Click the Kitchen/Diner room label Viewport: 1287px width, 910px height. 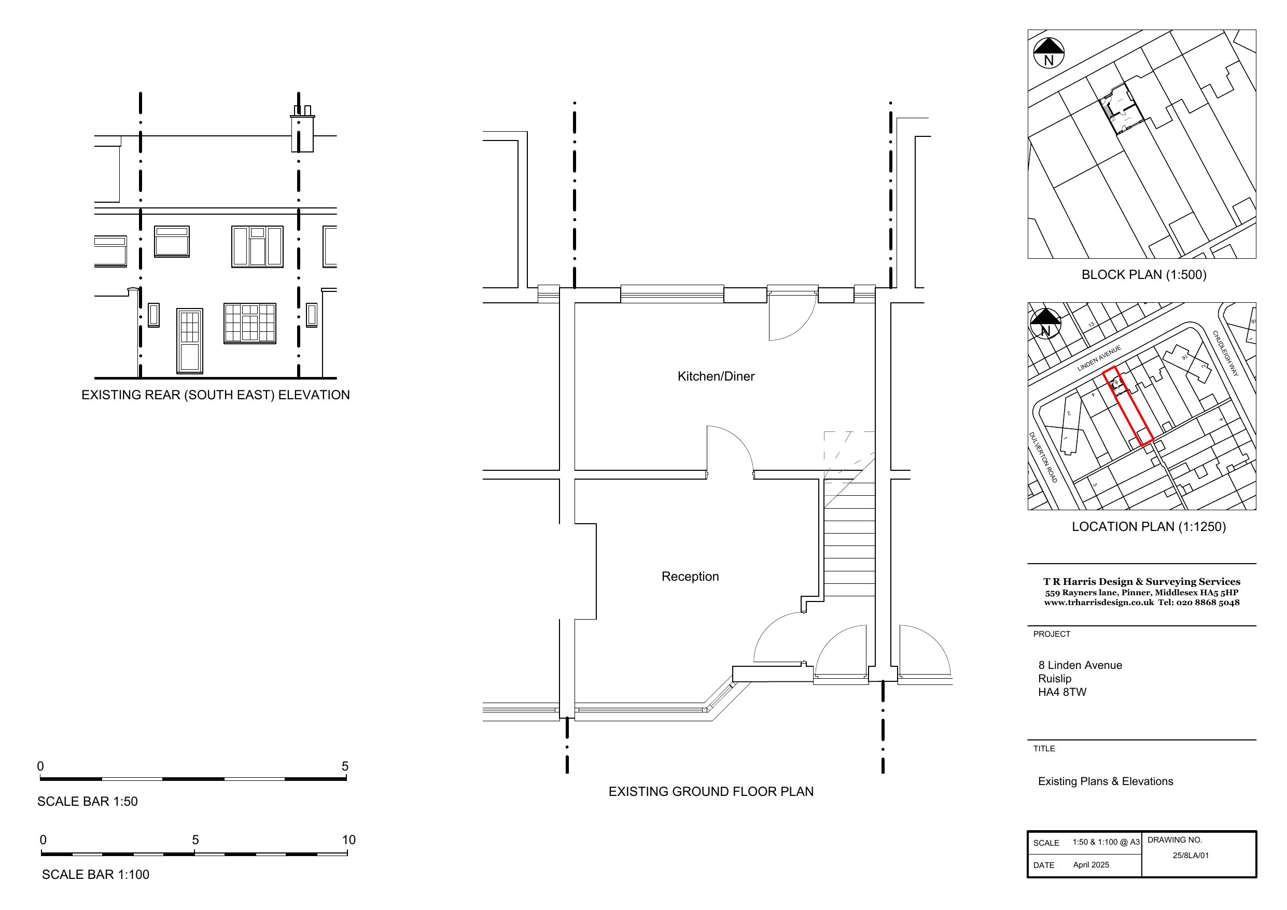click(x=716, y=376)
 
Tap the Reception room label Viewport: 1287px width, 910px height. click(x=690, y=577)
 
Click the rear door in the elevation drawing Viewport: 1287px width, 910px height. click(x=189, y=340)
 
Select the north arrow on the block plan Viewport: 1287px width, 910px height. click(x=1049, y=53)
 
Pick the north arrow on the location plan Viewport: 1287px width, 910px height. click(x=1045, y=324)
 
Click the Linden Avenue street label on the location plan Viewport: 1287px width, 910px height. click(x=1099, y=358)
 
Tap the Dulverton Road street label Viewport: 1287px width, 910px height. click(x=1043, y=457)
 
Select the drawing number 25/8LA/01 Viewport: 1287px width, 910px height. click(x=1191, y=856)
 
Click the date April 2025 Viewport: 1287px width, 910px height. click(x=1091, y=864)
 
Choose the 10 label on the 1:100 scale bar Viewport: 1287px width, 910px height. click(x=348, y=839)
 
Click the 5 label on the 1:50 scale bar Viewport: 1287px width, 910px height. click(x=345, y=766)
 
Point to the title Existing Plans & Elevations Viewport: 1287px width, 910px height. click(x=1106, y=781)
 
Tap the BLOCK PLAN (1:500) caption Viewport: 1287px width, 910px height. click(x=1143, y=275)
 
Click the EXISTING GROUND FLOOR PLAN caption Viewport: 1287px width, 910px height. click(x=711, y=791)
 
